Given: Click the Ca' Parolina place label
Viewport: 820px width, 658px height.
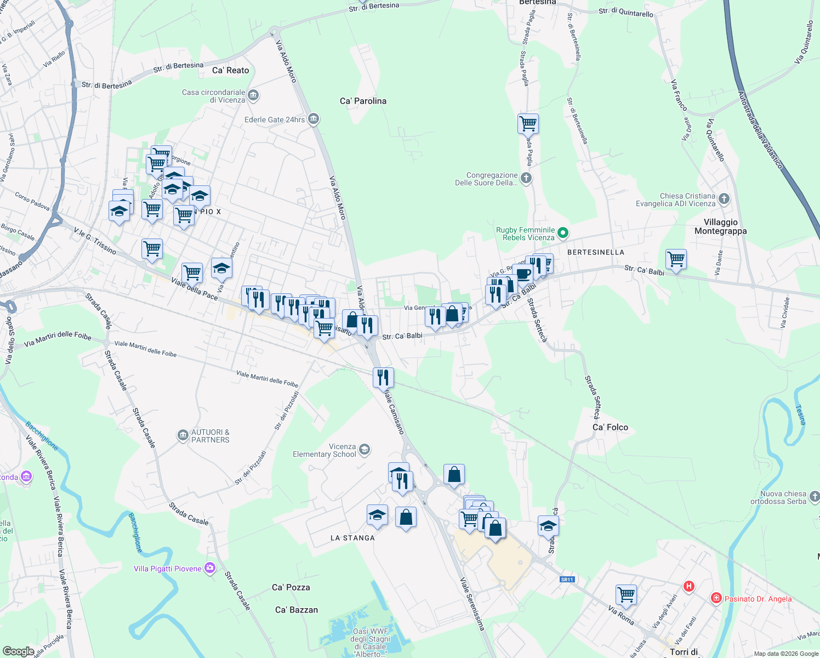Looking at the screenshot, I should click(363, 101).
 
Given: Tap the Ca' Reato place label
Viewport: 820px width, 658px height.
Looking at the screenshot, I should click(230, 70).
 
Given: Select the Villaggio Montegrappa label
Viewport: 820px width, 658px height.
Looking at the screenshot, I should click(720, 226).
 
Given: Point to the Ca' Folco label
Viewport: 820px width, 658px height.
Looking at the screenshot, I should click(610, 427).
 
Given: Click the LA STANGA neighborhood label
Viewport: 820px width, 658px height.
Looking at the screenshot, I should click(352, 538).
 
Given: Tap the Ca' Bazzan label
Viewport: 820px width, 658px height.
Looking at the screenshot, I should click(296, 610).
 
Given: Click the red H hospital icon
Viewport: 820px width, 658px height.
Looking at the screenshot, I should click(689, 586).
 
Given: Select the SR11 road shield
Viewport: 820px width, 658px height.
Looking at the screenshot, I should click(567, 580).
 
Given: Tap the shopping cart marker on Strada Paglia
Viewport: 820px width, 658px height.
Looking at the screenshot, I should click(528, 124).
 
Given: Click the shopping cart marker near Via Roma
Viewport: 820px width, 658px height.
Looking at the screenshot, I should click(626, 594).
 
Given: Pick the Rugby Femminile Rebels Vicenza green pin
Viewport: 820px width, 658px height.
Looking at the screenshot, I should click(563, 234).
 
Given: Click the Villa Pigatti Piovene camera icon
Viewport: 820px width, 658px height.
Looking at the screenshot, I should click(210, 569).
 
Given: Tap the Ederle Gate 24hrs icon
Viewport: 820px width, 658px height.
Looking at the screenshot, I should click(314, 119).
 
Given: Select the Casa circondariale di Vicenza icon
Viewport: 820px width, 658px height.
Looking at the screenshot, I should click(253, 96).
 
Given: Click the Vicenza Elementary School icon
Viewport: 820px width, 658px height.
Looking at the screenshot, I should click(365, 450).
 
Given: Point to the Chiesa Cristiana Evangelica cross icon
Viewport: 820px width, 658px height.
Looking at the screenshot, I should click(724, 199).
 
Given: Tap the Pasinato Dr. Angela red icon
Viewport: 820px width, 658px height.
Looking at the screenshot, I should click(716, 598).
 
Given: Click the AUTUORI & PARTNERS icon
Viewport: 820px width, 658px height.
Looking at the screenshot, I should click(183, 435).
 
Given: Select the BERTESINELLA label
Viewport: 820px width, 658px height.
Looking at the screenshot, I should click(595, 252).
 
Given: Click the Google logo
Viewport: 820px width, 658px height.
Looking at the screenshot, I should click(18, 651).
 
